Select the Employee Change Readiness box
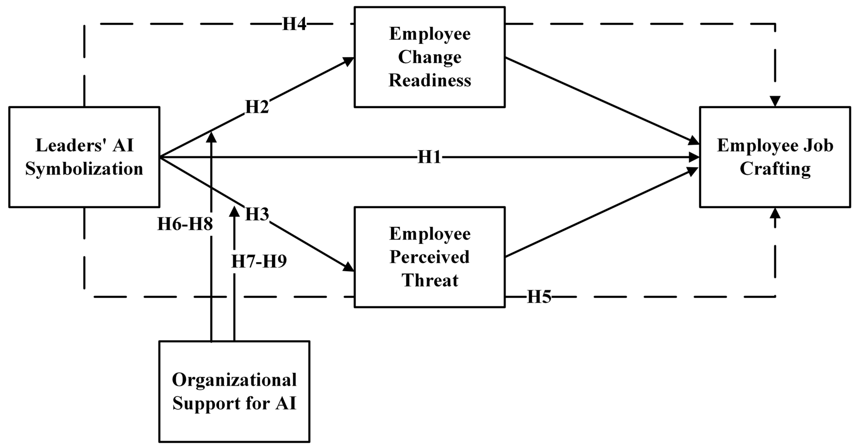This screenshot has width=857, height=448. pyautogui.click(x=430, y=57)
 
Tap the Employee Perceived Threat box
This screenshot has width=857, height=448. pyautogui.click(x=430, y=257)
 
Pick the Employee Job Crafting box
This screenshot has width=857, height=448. pyautogui.click(x=775, y=157)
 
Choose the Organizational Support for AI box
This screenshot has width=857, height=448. pyautogui.click(x=234, y=391)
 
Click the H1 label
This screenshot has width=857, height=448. pyautogui.click(x=429, y=157)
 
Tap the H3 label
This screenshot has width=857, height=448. pyautogui.click(x=257, y=214)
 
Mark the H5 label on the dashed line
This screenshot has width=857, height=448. pyautogui.click(x=539, y=296)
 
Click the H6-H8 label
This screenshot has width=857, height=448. pyautogui.click(x=185, y=224)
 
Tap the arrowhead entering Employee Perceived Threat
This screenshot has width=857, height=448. pyautogui.click(x=349, y=267)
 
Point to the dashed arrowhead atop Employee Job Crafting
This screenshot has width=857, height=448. pyautogui.click(x=775, y=101)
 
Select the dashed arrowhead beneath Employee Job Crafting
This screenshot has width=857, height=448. pyautogui.click(x=775, y=213)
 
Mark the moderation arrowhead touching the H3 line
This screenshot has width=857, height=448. pyautogui.click(x=234, y=211)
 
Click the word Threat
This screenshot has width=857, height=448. pyautogui.click(x=430, y=280)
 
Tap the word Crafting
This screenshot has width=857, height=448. pyautogui.click(x=775, y=169)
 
